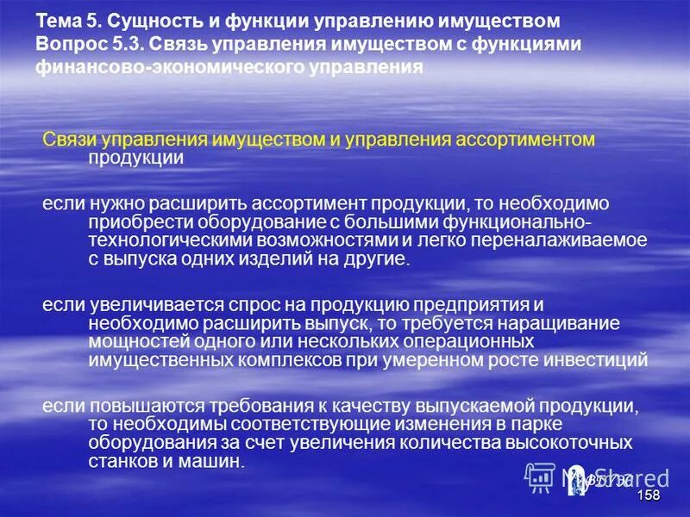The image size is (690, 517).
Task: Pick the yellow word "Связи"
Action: pyautogui.click(x=70, y=140)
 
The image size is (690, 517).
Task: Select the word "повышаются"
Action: pyautogui.click(x=135, y=406)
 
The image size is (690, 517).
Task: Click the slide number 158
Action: pyautogui.click(x=649, y=495)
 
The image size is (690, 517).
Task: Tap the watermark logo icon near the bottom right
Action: pyautogui.click(x=540, y=477)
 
